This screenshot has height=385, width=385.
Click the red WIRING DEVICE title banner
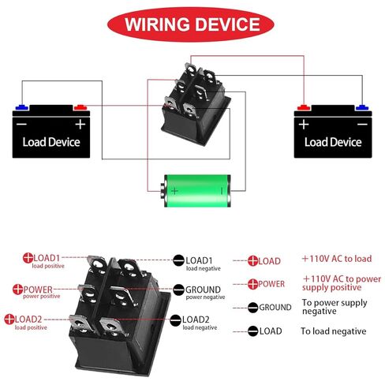click(x=191, y=24)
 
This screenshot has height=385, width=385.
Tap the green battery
click(x=196, y=191)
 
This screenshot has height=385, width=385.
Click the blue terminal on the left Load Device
click(x=22, y=107)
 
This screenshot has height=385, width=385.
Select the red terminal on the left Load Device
click(x=80, y=107)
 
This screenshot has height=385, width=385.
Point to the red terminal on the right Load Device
click(x=304, y=107)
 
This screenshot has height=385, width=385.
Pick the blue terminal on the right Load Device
click(x=362, y=107)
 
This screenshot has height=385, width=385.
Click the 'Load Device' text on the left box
click(x=51, y=142)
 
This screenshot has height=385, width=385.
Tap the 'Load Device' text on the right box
click(x=333, y=142)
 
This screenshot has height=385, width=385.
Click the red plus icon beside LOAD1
click(x=28, y=258)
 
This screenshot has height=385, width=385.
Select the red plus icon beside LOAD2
click(x=9, y=319)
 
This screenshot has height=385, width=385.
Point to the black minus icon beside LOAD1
click(x=178, y=260)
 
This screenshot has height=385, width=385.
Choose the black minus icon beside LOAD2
click(x=175, y=320)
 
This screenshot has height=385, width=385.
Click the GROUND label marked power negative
click(x=203, y=290)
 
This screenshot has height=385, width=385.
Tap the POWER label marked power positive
click(x=38, y=290)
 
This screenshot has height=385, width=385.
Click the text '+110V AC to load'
click(x=337, y=259)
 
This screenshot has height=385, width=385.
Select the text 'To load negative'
click(x=334, y=331)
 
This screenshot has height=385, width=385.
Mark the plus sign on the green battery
click(x=174, y=191)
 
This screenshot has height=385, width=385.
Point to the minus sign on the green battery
click(x=222, y=191)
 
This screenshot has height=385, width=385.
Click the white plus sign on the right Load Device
click(x=304, y=124)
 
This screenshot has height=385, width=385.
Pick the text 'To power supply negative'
click(x=335, y=307)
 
